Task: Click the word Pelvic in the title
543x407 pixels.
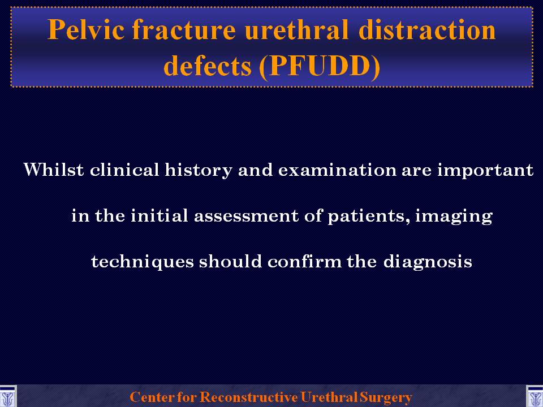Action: tap(86, 30)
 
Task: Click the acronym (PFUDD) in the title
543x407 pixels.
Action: tap(320, 66)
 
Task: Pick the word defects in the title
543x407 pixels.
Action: tap(208, 65)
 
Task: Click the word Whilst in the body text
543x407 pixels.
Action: tap(54, 170)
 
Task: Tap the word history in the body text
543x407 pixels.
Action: tap(199, 170)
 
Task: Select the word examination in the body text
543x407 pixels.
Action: tap(337, 170)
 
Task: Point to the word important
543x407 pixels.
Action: tap(485, 170)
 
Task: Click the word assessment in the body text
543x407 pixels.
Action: tap(246, 215)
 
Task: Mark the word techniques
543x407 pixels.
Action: tap(143, 262)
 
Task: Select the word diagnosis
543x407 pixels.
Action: tap(428, 262)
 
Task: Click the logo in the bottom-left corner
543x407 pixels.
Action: tap(7, 397)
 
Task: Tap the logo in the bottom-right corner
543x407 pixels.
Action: tap(535, 397)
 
